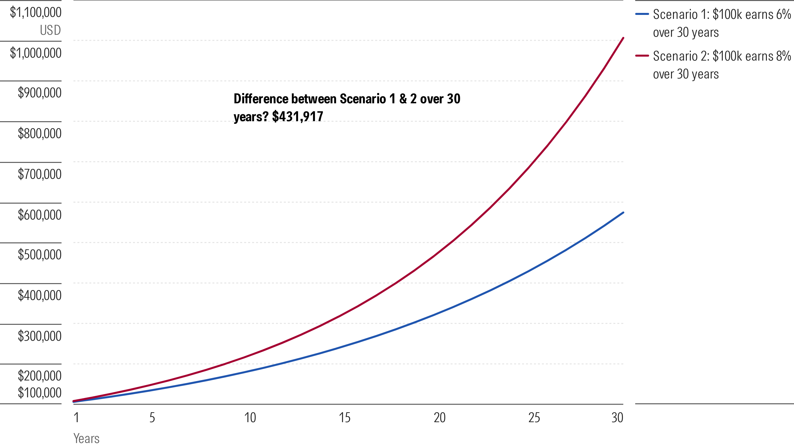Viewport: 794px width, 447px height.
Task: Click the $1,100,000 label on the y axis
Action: (x=36, y=13)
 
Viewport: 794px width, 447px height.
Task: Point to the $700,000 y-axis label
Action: (x=40, y=174)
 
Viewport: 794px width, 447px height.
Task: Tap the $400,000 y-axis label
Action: (x=40, y=295)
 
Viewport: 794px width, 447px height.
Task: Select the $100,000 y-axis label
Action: (x=40, y=393)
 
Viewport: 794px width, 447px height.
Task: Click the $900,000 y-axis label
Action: (x=40, y=93)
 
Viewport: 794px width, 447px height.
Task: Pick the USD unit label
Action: (x=50, y=30)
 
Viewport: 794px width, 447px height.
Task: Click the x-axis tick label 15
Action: (x=344, y=418)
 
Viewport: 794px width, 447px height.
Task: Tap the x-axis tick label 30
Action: (x=617, y=418)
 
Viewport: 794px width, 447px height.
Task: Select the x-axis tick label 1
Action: (x=76, y=418)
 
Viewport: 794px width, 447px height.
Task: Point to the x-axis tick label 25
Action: (x=534, y=418)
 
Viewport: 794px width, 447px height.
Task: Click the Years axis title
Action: (x=86, y=439)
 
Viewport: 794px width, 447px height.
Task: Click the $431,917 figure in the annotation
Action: (x=297, y=117)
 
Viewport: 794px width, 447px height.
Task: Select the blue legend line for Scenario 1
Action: (x=642, y=14)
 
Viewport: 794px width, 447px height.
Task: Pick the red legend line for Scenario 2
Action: (x=642, y=56)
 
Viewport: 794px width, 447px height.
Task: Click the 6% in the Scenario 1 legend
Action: (x=783, y=15)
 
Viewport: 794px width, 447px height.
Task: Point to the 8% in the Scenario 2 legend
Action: (x=783, y=56)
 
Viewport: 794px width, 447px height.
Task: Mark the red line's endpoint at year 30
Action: (x=623, y=38)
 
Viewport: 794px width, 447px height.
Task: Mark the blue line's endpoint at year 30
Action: (x=623, y=213)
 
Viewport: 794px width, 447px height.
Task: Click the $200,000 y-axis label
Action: (x=40, y=376)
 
